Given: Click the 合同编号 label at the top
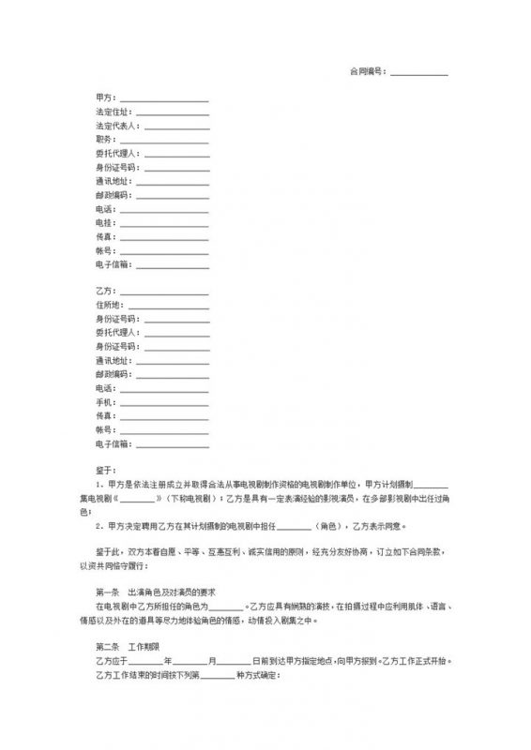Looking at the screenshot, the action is click(368, 71).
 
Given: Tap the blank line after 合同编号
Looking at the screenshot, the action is click(418, 73).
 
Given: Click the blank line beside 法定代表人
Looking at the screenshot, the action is click(175, 127).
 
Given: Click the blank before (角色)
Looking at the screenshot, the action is click(300, 527).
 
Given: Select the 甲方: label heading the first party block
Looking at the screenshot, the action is click(103, 97).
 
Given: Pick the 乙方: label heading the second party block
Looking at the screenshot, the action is click(103, 291).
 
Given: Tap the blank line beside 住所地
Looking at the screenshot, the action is click(168, 306).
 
